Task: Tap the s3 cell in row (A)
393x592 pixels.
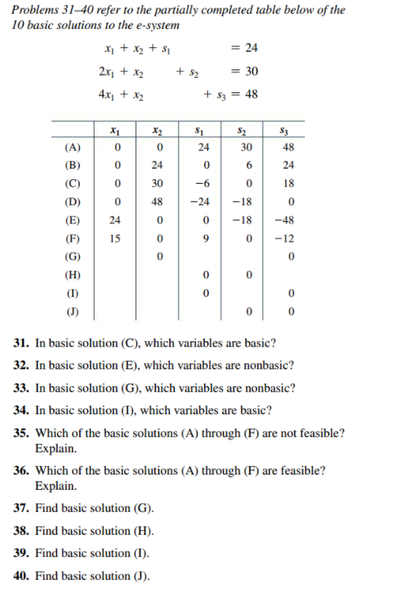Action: [289, 147]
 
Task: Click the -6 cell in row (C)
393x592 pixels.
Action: [200, 184]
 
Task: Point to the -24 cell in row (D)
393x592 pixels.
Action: [200, 202]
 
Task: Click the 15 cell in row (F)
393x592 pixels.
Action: [115, 238]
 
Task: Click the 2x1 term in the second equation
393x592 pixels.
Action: [107, 72]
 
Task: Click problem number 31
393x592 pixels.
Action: [22, 342]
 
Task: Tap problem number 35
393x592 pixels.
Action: [22, 433]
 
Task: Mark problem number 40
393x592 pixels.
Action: [22, 575]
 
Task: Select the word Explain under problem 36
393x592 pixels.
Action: [56, 486]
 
